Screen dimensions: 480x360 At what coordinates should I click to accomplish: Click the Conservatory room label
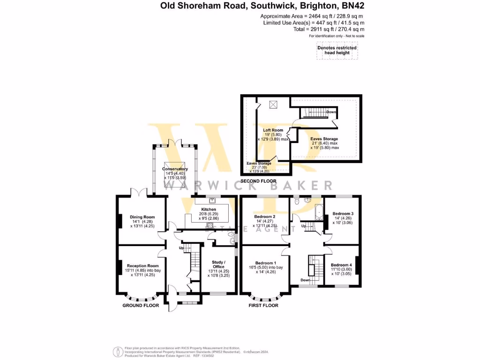pyautogui.click(x=175, y=169)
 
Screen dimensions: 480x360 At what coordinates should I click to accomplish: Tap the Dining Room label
pyautogui.click(x=142, y=217)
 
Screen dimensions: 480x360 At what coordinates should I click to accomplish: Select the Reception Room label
pyautogui.click(x=143, y=266)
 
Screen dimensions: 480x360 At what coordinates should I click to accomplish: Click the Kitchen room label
pyautogui.click(x=209, y=210)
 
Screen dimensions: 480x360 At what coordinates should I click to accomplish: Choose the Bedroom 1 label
pyautogui.click(x=266, y=263)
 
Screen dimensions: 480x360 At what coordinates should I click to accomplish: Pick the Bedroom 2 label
pyautogui.click(x=264, y=217)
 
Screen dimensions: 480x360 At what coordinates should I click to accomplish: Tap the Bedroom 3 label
pyautogui.click(x=343, y=214)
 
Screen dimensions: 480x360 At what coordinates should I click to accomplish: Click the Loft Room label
pyautogui.click(x=273, y=130)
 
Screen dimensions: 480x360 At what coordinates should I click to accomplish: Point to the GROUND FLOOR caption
pyautogui.click(x=141, y=305)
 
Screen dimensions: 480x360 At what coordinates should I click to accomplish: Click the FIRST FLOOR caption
pyautogui.click(x=263, y=305)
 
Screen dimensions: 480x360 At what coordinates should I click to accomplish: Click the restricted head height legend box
pyautogui.click(x=337, y=51)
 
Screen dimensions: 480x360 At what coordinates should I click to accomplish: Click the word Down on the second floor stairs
pyautogui.click(x=331, y=112)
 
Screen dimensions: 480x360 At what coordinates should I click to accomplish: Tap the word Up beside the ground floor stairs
pyautogui.click(x=181, y=247)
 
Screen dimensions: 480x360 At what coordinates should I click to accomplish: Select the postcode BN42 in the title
pyautogui.click(x=352, y=6)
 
